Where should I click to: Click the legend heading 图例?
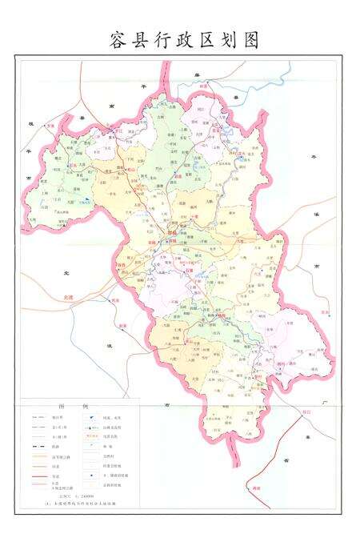[70, 408]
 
